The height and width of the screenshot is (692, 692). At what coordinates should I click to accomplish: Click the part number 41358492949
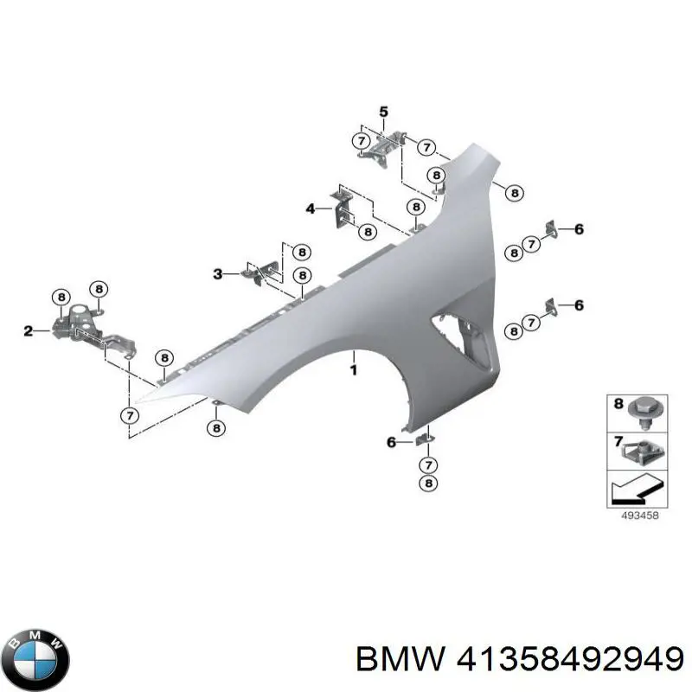pyautogui.click(x=570, y=659)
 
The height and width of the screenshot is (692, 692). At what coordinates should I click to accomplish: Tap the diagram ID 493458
pyautogui.click(x=639, y=515)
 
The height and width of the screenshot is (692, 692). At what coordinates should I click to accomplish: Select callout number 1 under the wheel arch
pyautogui.click(x=353, y=370)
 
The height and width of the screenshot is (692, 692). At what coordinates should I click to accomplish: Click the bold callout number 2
pyautogui.click(x=29, y=330)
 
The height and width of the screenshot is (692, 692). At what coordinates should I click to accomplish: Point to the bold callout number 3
pyautogui.click(x=218, y=274)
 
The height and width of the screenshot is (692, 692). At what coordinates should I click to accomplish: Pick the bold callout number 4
pyautogui.click(x=311, y=208)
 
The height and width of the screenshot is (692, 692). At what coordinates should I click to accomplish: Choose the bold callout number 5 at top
pyautogui.click(x=383, y=112)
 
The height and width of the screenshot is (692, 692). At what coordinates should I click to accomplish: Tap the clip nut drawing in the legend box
pyautogui.click(x=642, y=452)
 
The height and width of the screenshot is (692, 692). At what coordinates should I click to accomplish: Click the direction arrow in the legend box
pyautogui.click(x=638, y=489)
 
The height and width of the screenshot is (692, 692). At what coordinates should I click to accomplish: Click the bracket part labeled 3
pyautogui.click(x=260, y=272)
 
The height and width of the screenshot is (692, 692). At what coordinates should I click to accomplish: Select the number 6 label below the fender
pyautogui.click(x=391, y=442)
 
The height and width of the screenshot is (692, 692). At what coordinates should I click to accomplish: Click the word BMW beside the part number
pyautogui.click(x=400, y=659)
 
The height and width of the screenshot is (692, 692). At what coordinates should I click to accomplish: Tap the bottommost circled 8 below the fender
pyautogui.click(x=428, y=484)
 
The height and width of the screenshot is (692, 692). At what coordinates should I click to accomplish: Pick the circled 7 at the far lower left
pyautogui.click(x=130, y=415)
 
